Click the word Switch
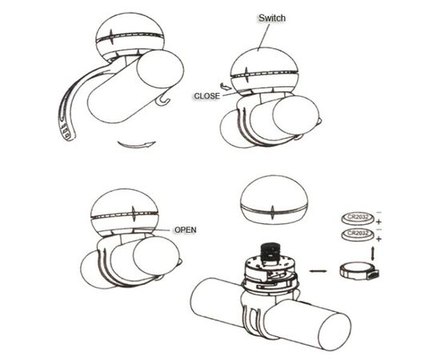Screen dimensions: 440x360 [272, 18]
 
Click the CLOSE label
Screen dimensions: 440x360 [207, 96]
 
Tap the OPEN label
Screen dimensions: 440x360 [186, 230]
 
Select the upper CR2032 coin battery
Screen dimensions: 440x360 [358, 218]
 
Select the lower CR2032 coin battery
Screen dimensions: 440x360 [358, 234]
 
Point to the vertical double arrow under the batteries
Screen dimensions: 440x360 [373, 254]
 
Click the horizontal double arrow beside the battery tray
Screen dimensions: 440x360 [318, 271]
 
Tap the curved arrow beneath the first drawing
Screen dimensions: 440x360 [137, 145]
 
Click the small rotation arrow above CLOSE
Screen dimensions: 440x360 [225, 86]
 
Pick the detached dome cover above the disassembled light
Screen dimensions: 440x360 [274, 200]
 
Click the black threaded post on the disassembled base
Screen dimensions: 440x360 [269, 253]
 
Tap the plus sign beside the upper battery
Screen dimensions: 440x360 [378, 222]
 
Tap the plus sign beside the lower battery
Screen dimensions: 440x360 [378, 239]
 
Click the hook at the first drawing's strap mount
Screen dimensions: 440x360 [162, 100]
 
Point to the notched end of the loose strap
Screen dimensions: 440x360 [66, 132]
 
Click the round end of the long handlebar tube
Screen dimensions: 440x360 [334, 331]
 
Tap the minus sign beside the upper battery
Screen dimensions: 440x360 [378, 212]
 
